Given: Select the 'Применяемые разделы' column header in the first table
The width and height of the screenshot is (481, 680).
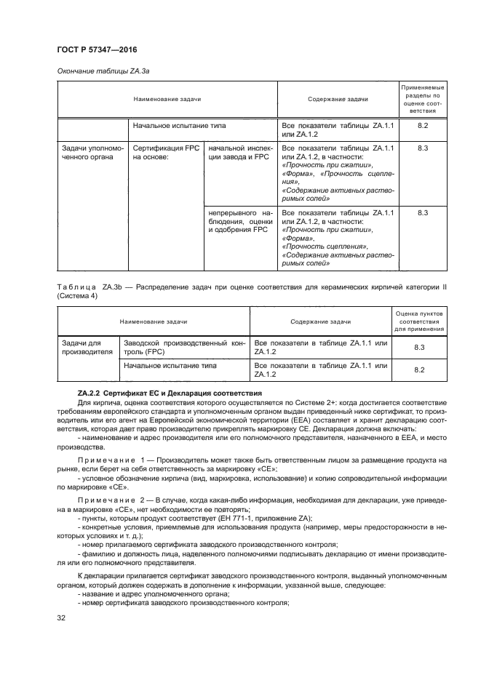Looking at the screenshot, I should click(x=422, y=99).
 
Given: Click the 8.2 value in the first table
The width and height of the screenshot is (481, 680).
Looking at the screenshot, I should click(x=422, y=126).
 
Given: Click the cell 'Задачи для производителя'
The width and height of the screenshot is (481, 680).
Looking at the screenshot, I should click(x=84, y=347).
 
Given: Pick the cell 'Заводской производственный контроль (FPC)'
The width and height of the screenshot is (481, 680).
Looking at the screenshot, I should click(x=185, y=347).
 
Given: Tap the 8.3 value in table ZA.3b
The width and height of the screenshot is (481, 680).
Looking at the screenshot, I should click(x=418, y=348).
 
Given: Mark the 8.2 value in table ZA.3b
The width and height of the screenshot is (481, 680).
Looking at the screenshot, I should click(x=418, y=369).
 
